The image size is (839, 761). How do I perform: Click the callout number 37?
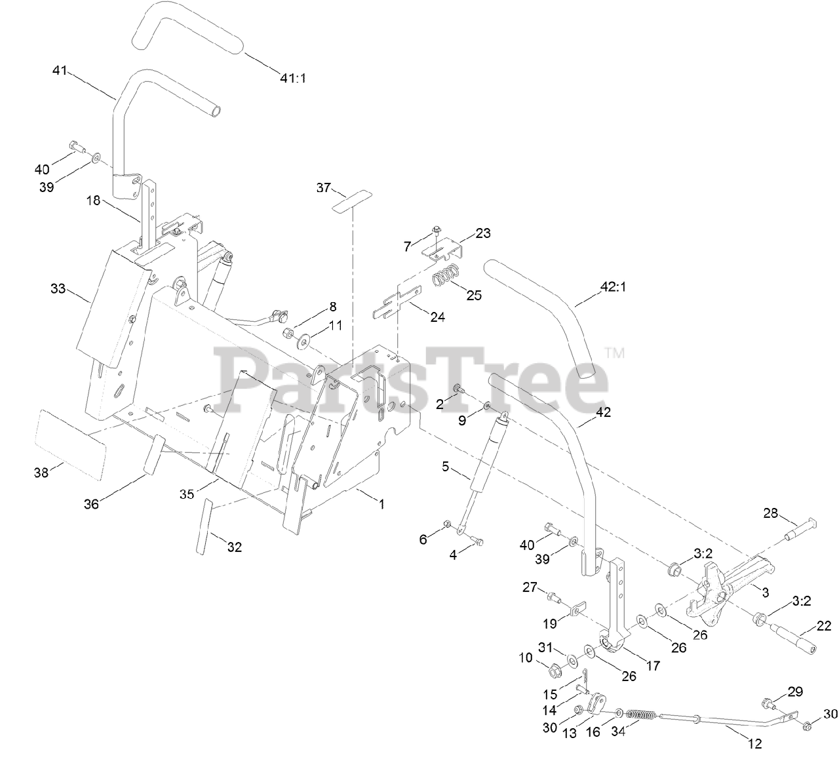point(323,188)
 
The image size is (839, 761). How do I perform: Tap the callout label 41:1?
point(293,78)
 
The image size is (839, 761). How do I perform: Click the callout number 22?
point(824,625)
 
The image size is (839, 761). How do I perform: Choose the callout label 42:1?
point(613,286)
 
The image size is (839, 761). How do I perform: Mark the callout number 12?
point(754,743)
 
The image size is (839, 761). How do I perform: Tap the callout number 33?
point(58,288)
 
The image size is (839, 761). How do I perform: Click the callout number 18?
point(94,201)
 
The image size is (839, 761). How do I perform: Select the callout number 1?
point(381,504)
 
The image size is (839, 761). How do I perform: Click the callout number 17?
point(653,665)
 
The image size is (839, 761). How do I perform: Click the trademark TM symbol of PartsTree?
point(614,353)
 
